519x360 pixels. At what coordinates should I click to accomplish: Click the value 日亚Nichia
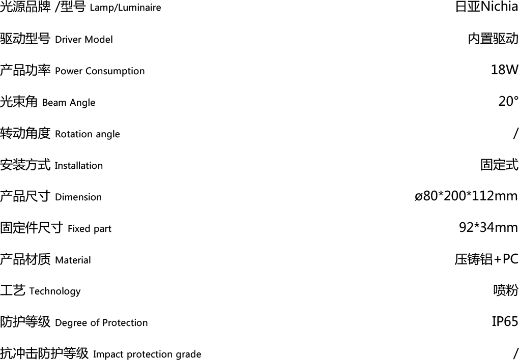(x=486, y=7)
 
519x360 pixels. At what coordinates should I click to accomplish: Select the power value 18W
(x=504, y=70)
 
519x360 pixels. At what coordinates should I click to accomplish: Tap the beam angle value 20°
(x=508, y=101)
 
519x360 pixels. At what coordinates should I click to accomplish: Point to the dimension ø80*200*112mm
(x=466, y=196)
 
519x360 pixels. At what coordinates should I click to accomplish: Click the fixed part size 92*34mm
(x=488, y=227)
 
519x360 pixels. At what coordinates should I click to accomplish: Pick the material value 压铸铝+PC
(x=486, y=259)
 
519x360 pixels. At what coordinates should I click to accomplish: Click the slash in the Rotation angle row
(x=515, y=133)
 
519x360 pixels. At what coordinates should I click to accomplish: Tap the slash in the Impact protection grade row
(x=515, y=353)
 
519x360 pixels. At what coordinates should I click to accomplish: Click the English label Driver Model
(x=84, y=39)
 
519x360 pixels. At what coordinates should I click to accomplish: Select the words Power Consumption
(x=100, y=71)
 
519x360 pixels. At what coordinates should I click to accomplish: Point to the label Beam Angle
(x=69, y=103)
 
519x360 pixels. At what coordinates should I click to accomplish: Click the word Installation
(x=78, y=165)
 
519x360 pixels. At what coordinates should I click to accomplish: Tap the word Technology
(x=54, y=291)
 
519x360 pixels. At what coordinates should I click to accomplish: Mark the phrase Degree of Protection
(x=101, y=322)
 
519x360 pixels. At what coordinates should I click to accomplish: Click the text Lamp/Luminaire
(x=125, y=8)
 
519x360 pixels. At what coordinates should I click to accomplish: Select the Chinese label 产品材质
(x=25, y=259)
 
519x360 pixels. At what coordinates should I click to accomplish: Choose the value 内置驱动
(x=493, y=38)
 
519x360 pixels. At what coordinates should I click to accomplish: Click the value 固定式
(x=500, y=164)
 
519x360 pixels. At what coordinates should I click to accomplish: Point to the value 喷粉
(x=506, y=290)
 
